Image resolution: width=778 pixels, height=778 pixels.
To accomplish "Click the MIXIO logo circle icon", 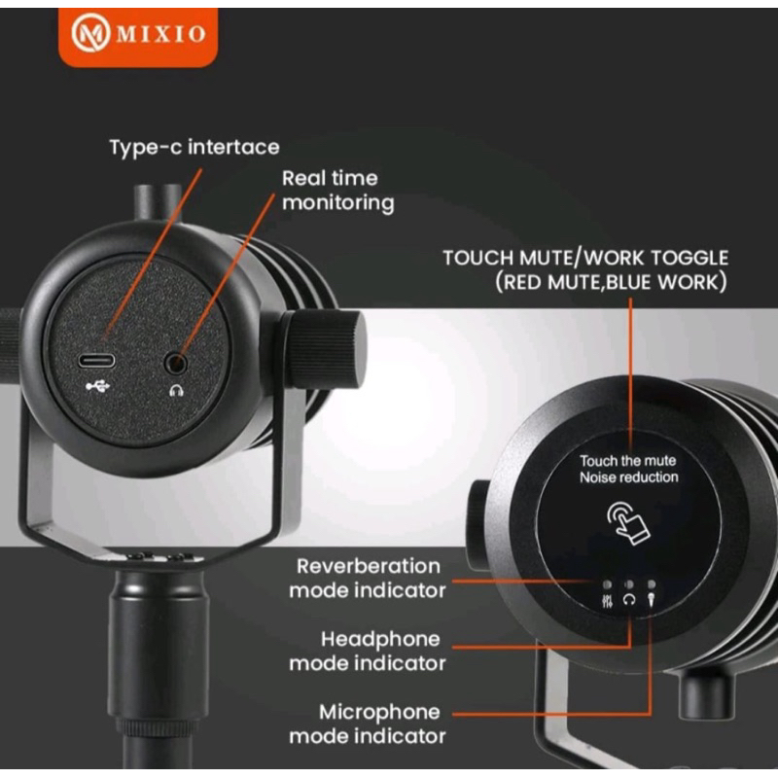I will point(91,34).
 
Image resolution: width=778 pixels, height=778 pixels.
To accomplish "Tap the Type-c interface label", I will point(194,148).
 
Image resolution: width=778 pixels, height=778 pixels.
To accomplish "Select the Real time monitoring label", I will point(336,191).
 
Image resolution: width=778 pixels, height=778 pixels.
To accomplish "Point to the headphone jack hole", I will point(176,363).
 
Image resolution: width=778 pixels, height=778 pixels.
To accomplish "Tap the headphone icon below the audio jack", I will point(176,390).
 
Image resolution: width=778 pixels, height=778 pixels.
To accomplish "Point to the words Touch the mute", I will point(628,460).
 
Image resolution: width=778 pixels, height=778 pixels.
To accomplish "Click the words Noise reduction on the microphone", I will point(628,477).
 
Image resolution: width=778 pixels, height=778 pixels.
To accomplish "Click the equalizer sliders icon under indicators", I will point(607,601).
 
